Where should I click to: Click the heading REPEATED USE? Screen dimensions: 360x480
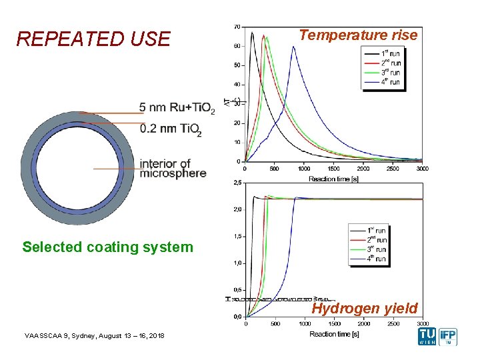pyautogui.click(x=93, y=39)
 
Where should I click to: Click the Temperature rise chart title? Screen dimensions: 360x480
pyautogui.click(x=359, y=35)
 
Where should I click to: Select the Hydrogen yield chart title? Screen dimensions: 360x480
pyautogui.click(x=365, y=308)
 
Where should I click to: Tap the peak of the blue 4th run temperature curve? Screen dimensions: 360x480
pyautogui.click(x=293, y=47)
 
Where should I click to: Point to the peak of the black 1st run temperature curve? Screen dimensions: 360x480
pyautogui.click(x=252, y=32)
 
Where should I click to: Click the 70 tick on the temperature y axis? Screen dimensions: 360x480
pyautogui.click(x=237, y=27)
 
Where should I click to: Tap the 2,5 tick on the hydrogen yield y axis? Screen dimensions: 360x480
pyautogui.click(x=237, y=182)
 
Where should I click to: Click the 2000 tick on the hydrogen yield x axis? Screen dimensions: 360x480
pyautogui.click(x=363, y=324)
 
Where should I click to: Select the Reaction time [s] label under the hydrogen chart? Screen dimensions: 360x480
pyautogui.click(x=334, y=334)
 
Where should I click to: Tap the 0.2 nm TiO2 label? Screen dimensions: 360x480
pyautogui.click(x=171, y=129)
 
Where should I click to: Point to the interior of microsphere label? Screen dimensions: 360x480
pyautogui.click(x=173, y=168)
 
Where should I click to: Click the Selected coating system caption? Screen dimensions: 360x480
pyautogui.click(x=107, y=247)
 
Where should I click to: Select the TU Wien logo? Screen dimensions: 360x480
pyautogui.click(x=427, y=337)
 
